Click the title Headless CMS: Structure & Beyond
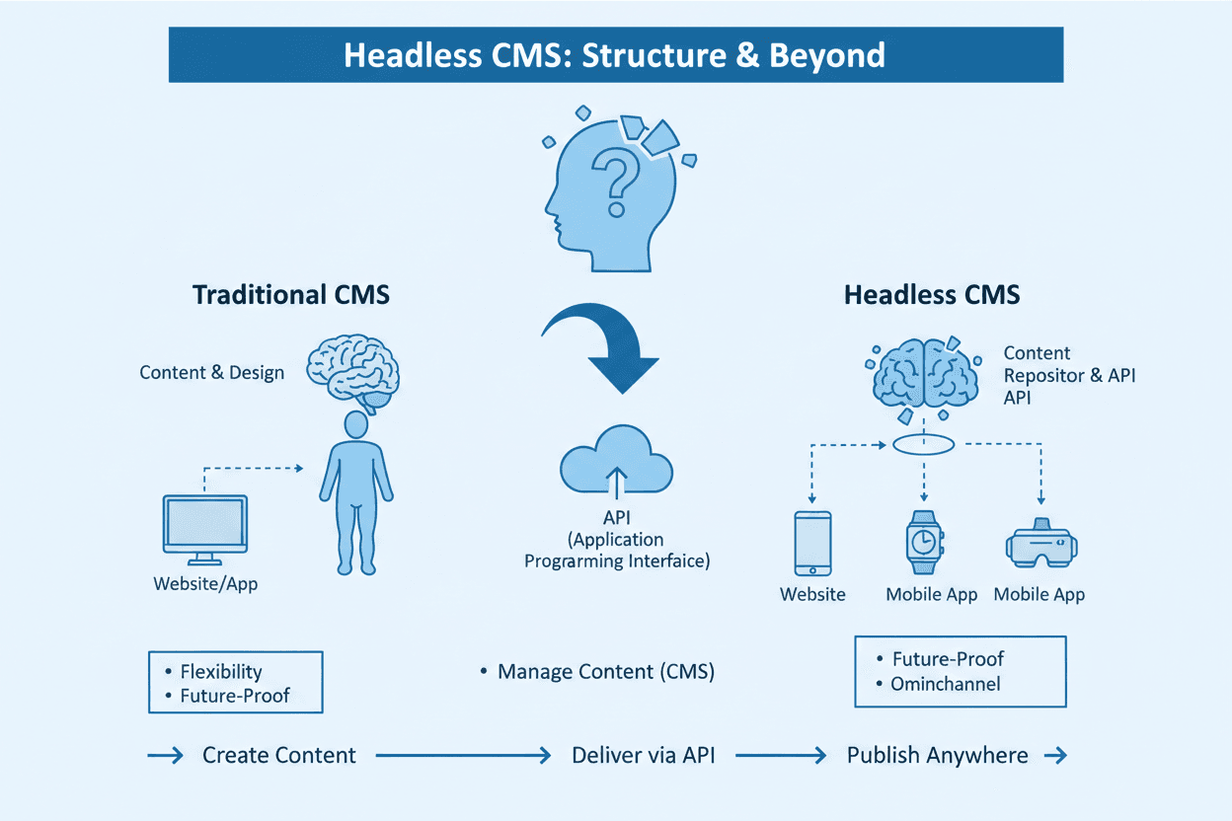pyautogui.click(x=614, y=55)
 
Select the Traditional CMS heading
pyautogui.click(x=291, y=294)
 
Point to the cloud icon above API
pyautogui.click(x=617, y=462)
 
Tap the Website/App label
pyautogui.click(x=205, y=583)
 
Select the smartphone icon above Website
pyautogui.click(x=812, y=543)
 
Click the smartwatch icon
pyautogui.click(x=924, y=542)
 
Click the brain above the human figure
pyautogui.click(x=352, y=371)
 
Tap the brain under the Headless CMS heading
pyautogui.click(x=923, y=372)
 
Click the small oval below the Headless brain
pyautogui.click(x=924, y=445)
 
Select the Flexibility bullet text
pyautogui.click(x=221, y=672)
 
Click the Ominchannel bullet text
pyautogui.click(x=945, y=684)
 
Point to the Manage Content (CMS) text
pyautogui.click(x=605, y=672)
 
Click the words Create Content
pyautogui.click(x=278, y=756)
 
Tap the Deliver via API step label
pyautogui.click(x=643, y=756)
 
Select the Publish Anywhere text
pyautogui.click(x=937, y=756)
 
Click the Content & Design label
pyautogui.click(x=211, y=372)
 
